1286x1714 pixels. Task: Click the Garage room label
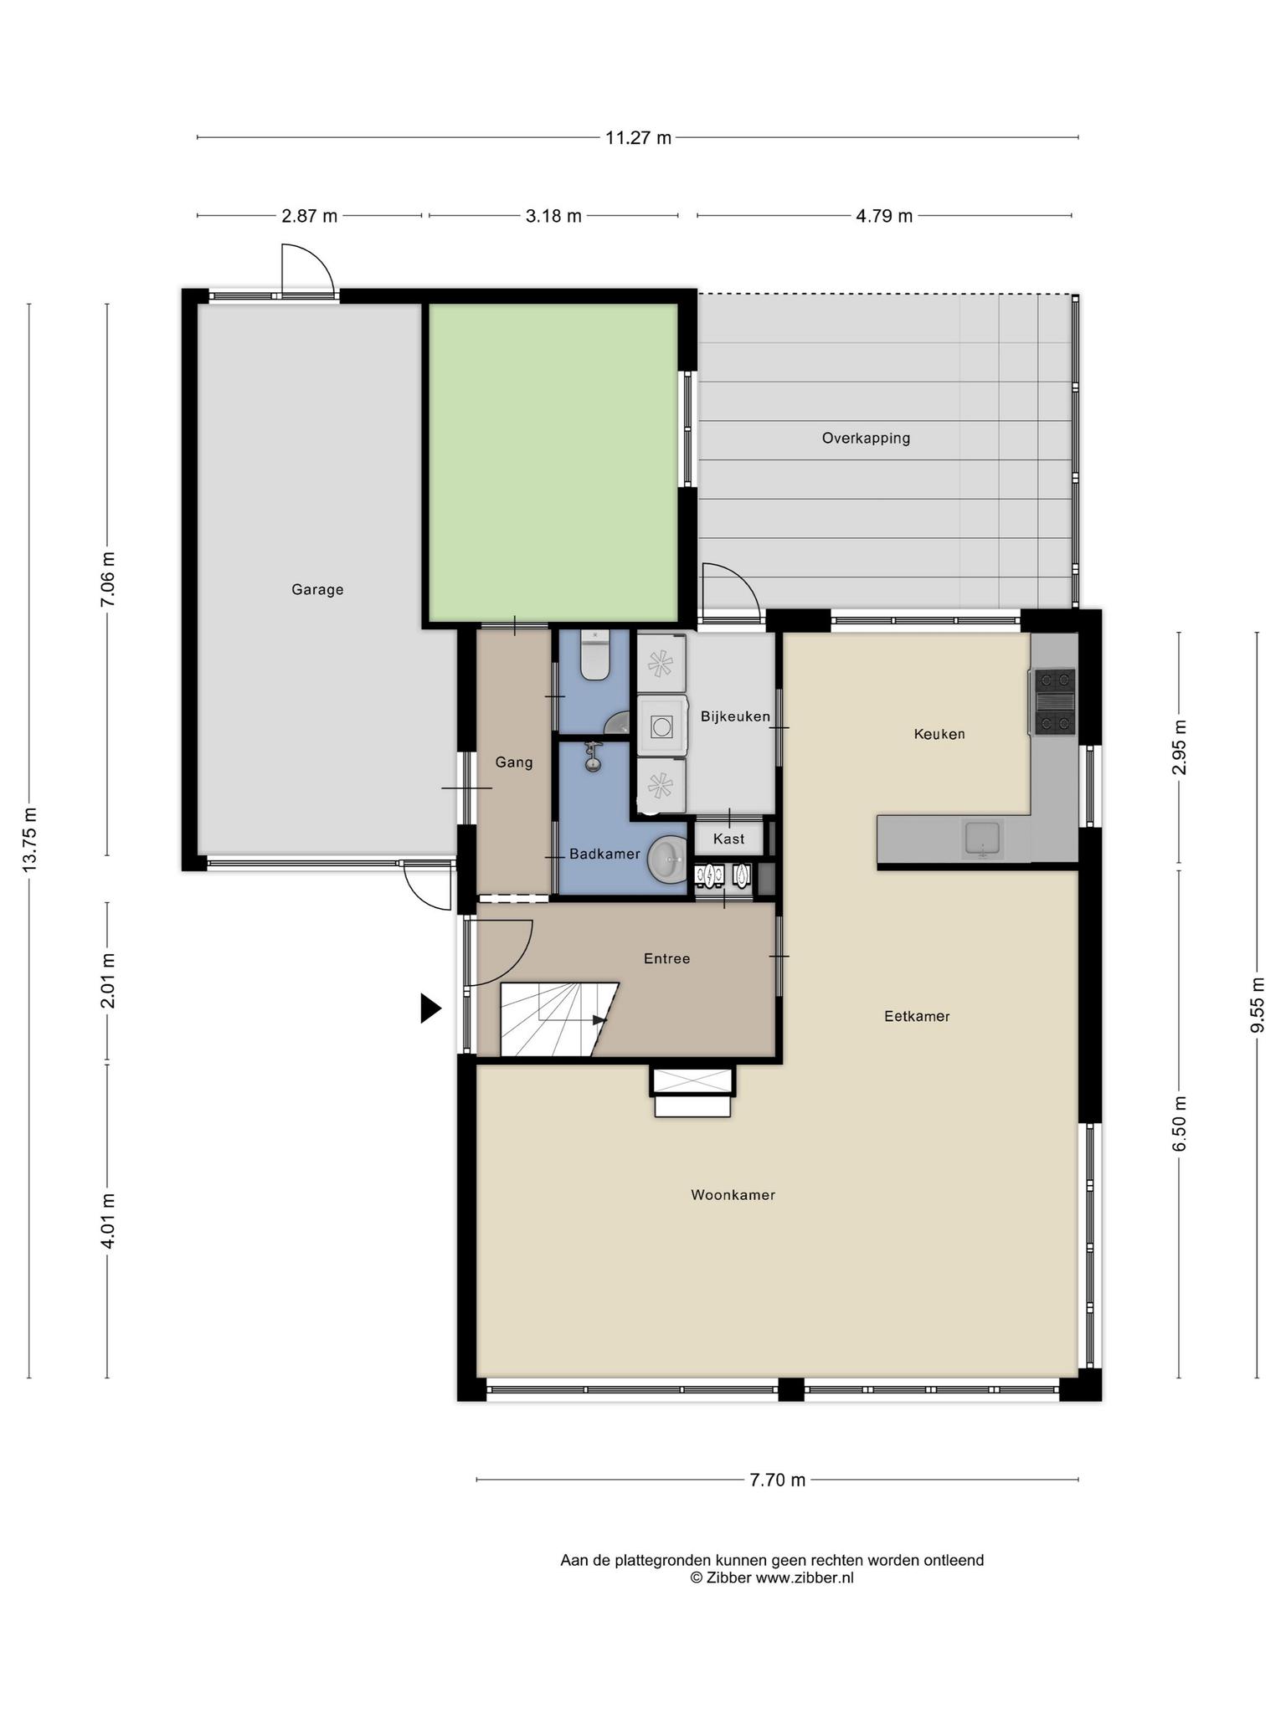coord(317,589)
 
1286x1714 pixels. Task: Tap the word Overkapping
coord(866,438)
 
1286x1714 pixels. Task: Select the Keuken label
coord(939,734)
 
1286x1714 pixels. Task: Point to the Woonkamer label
coord(733,1195)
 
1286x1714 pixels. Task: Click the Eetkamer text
coord(917,1016)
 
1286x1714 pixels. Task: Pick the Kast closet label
coord(728,839)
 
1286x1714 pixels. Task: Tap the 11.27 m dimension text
coord(638,138)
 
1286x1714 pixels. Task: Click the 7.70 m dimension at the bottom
coord(777,1480)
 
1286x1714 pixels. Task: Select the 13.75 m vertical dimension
coord(30,839)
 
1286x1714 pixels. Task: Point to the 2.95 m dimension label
coord(1180,747)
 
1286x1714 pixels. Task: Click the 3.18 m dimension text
coord(553,216)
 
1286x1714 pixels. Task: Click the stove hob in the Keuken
coord(1054,701)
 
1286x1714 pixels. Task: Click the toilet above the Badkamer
coord(594,655)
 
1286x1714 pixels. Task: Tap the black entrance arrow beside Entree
coord(430,1008)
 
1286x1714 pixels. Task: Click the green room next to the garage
coord(553,462)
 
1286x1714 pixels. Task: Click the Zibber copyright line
coord(772,1578)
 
